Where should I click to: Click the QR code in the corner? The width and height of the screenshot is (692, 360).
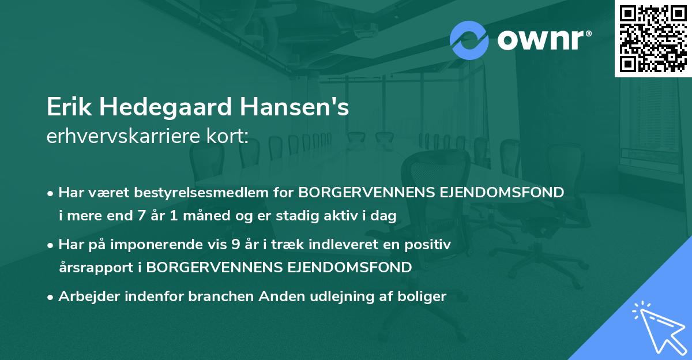click(x=653, y=39)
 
